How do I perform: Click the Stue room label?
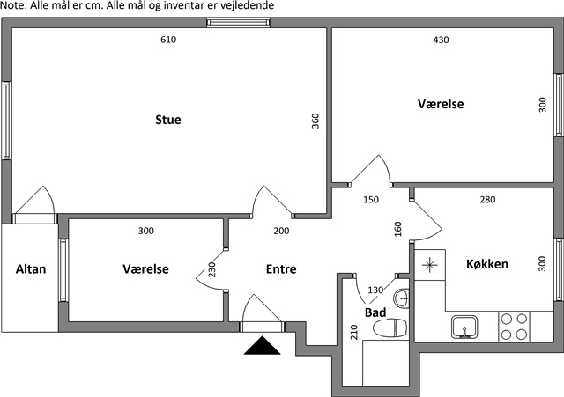point(168,120)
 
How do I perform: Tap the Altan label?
point(31,269)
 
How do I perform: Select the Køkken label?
point(487,264)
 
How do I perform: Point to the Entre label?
point(281,269)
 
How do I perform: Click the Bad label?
point(375,312)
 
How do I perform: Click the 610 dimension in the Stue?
point(168,40)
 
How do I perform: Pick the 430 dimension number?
point(441,40)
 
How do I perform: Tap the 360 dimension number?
point(315,121)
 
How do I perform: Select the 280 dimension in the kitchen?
point(487,200)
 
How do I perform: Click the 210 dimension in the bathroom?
point(354,332)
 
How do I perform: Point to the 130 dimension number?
point(375,290)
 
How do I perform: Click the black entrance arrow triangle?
point(262,345)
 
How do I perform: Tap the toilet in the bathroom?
point(390,327)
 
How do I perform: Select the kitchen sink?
point(464,327)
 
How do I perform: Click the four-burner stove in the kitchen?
point(514,327)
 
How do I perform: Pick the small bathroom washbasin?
point(401,298)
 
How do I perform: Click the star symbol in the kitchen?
point(429,266)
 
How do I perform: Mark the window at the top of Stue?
point(239,23)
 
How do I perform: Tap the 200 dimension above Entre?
point(281,231)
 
